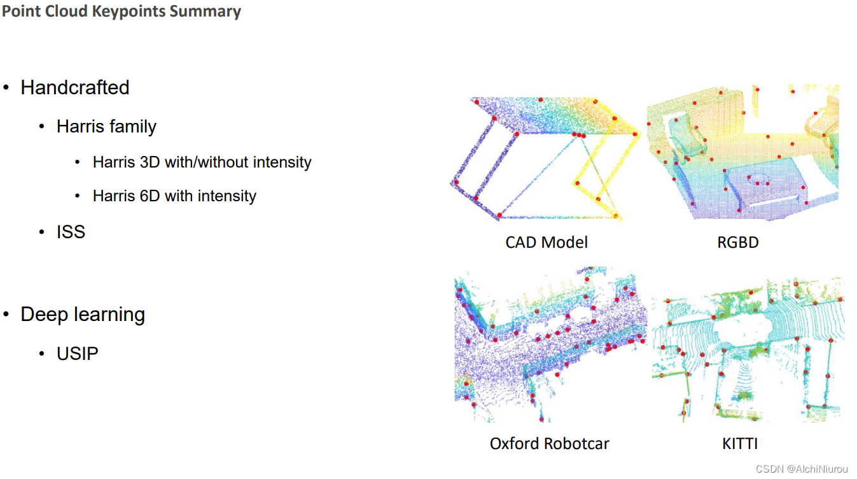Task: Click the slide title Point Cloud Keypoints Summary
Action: tap(121, 11)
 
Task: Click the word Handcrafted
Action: tap(75, 87)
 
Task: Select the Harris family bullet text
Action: tap(106, 126)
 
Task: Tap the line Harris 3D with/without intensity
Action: tap(202, 162)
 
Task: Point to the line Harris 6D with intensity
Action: tap(174, 196)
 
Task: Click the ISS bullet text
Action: tap(71, 232)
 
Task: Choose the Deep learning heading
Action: tap(83, 314)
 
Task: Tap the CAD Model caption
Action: tap(547, 242)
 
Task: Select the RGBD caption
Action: tap(737, 242)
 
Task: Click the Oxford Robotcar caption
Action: tap(549, 443)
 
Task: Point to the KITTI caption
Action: tap(740, 443)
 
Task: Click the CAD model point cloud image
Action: tap(546, 159)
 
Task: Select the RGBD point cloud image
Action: tap(742, 153)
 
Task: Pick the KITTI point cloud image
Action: tap(748, 350)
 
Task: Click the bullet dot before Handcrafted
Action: tap(6, 87)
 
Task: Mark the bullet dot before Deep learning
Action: tap(6, 314)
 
